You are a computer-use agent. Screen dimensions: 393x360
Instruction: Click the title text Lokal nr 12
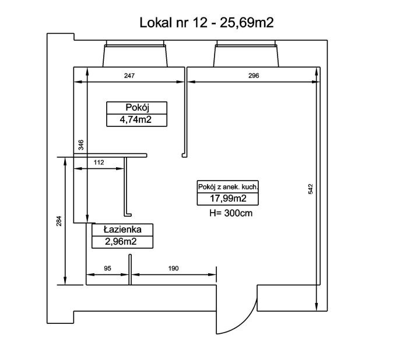[x=173, y=23]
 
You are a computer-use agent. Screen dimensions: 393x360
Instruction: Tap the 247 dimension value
[x=129, y=75]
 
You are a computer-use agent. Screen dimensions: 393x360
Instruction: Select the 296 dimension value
[x=254, y=75]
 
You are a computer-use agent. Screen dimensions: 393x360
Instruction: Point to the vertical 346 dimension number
[x=81, y=145]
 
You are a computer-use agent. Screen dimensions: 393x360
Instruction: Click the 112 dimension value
[x=99, y=163]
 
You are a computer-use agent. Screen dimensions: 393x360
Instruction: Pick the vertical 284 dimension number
[x=59, y=221]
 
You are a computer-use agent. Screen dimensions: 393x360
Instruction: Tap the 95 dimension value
[x=107, y=269]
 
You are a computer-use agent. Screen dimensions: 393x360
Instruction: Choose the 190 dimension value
[x=173, y=269]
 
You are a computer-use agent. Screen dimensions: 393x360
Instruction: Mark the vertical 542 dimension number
[x=311, y=189]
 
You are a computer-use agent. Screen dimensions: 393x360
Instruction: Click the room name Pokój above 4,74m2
[x=137, y=107]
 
